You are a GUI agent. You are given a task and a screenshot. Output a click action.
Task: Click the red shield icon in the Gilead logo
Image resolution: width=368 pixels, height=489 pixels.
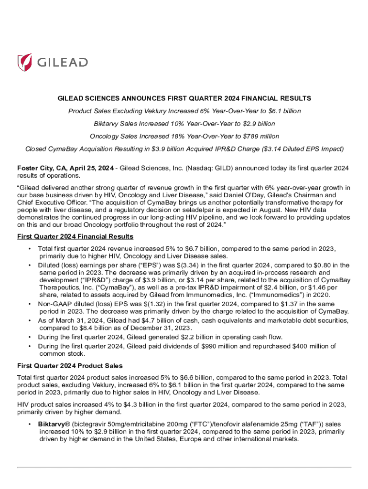pos(25,62)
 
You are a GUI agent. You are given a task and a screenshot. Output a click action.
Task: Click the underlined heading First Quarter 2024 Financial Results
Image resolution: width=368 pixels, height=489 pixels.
pos(75,236)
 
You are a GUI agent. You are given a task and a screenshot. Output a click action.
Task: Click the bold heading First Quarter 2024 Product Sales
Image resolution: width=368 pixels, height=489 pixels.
pos(70,365)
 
